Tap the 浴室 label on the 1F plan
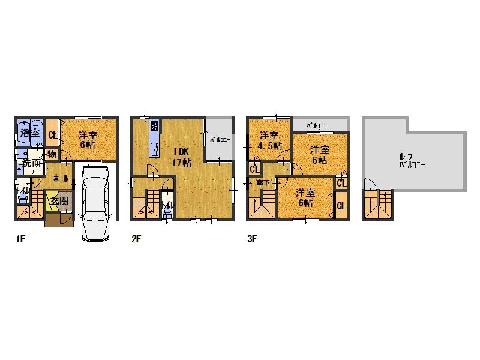click(29, 133)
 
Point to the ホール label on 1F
click(59, 178)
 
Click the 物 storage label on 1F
click(52, 154)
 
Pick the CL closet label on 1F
click(52, 136)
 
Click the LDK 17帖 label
click(182, 157)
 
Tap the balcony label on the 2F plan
click(217, 140)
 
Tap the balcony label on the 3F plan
click(317, 125)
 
